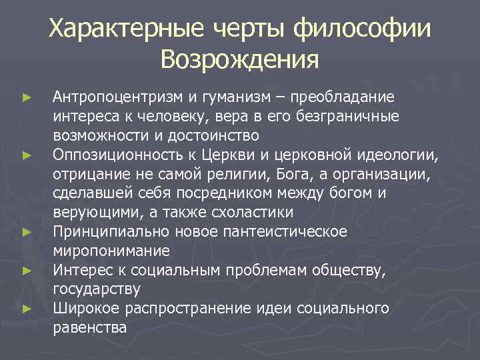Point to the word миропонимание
111,251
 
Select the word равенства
89,329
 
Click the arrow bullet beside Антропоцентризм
26,98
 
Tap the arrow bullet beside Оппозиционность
26,156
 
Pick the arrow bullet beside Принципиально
26,233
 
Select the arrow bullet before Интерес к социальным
26,271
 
